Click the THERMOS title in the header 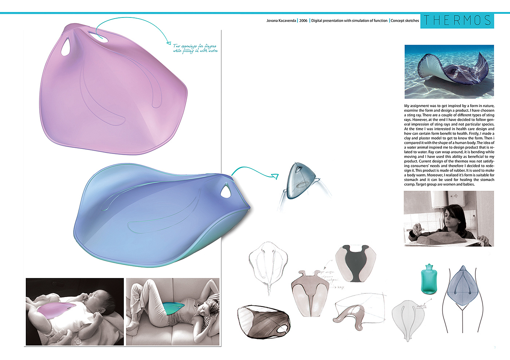tap(457, 20)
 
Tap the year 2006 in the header tap(303, 21)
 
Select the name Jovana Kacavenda tap(281, 21)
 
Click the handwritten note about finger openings tap(195, 48)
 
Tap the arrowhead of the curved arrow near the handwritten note tap(168, 43)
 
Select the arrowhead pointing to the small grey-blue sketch tap(275, 177)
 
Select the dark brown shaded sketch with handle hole tap(263, 322)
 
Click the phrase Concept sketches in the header tap(405, 21)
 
